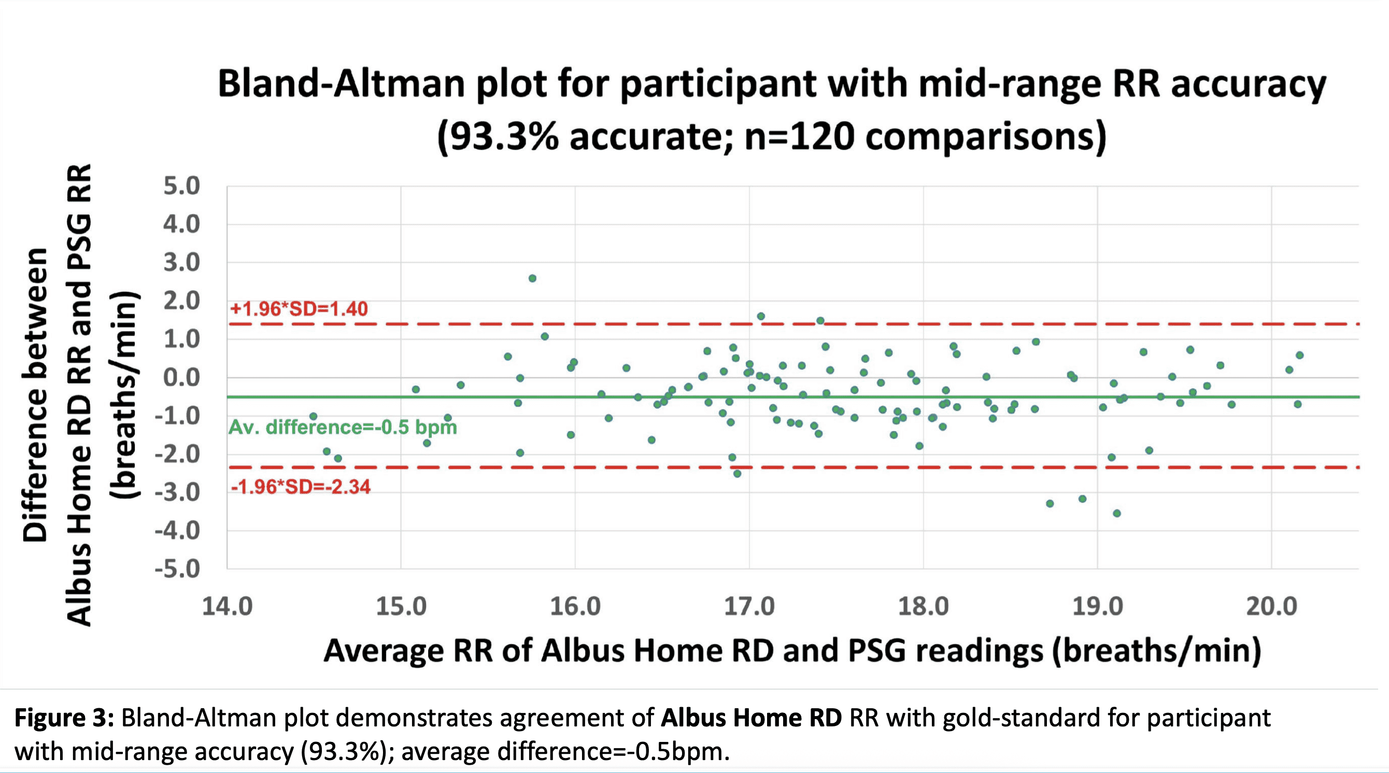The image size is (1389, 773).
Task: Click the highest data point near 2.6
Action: click(x=532, y=278)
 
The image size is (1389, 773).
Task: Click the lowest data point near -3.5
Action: click(x=1117, y=513)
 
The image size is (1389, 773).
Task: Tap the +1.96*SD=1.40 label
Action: click(x=299, y=309)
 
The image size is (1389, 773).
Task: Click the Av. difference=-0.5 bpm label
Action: click(x=343, y=427)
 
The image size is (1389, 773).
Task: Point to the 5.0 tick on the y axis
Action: click(x=182, y=187)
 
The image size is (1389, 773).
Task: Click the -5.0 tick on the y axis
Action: click(x=177, y=569)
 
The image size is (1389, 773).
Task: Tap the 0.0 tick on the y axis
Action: click(x=182, y=377)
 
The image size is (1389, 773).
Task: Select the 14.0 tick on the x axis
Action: click(x=227, y=607)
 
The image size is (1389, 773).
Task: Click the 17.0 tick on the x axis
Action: click(x=749, y=607)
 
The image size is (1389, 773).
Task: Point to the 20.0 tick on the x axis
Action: click(x=1271, y=607)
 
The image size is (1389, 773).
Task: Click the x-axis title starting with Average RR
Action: click(x=792, y=651)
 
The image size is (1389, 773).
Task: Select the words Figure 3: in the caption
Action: click(x=64, y=718)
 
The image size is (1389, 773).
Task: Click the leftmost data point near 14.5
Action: click(x=313, y=416)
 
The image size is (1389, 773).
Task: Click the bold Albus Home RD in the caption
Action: click(x=751, y=718)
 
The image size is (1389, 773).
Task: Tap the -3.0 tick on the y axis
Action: click(x=177, y=492)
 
